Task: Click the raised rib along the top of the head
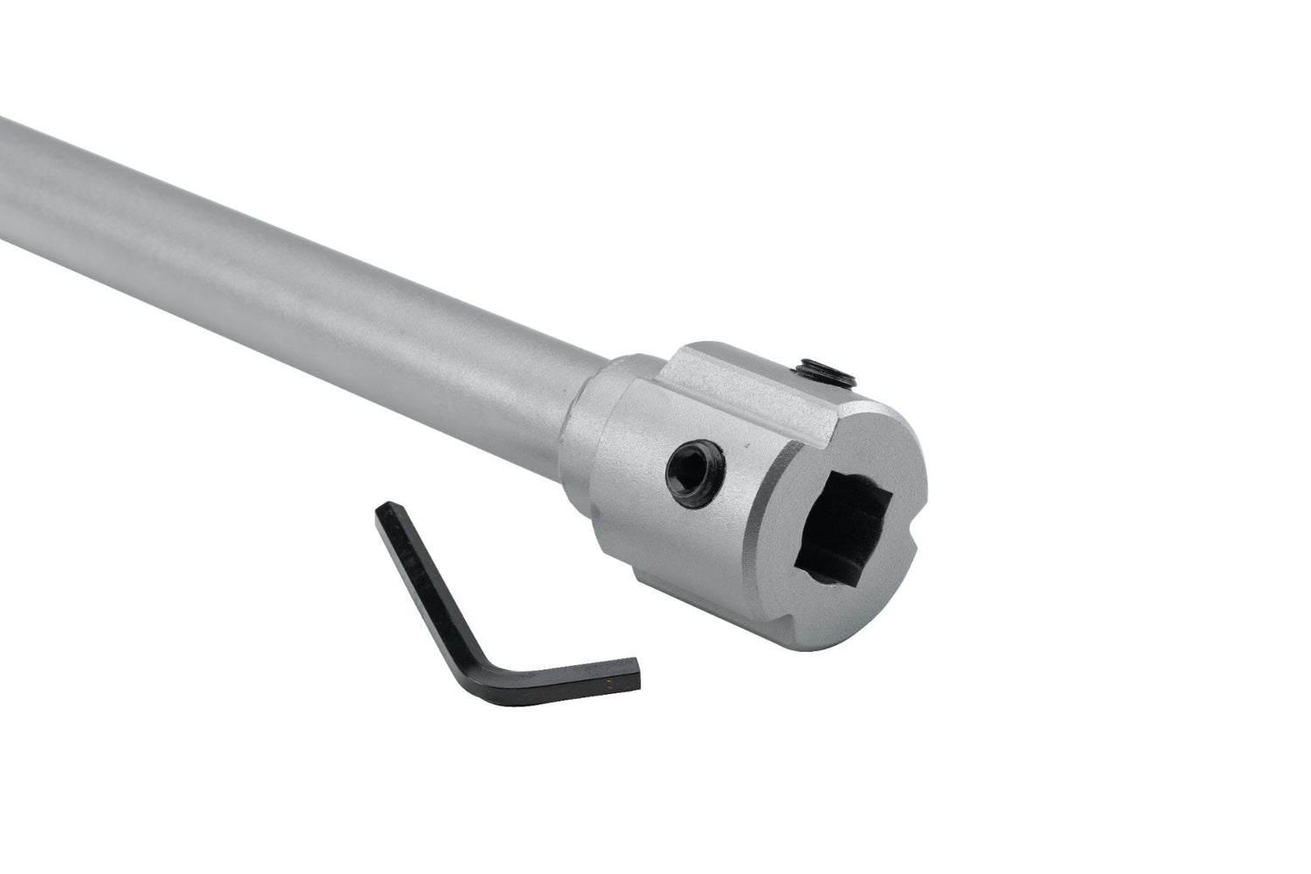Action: click(752, 376)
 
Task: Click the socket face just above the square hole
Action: click(852, 454)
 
